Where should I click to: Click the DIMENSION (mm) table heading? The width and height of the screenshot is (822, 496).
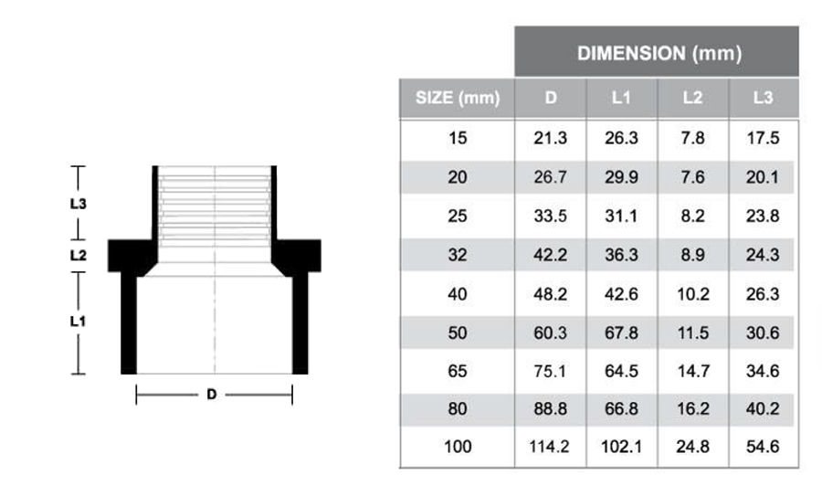pyautogui.click(x=658, y=53)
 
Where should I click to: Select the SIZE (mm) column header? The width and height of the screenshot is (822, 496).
pyautogui.click(x=457, y=98)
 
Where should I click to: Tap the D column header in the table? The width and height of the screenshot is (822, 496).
pyautogui.click(x=551, y=98)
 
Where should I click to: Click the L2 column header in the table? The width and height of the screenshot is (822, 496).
pyautogui.click(x=693, y=98)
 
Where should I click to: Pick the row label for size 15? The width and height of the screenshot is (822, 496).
pyautogui.click(x=457, y=138)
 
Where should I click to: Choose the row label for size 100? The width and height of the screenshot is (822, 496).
pyautogui.click(x=457, y=449)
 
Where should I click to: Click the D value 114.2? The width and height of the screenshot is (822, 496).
pyautogui.click(x=551, y=449)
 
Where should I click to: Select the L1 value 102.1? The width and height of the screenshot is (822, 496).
pyautogui.click(x=622, y=449)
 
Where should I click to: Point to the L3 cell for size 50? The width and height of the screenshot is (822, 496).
pyautogui.click(x=763, y=332)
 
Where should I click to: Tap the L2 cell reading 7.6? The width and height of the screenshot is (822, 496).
pyautogui.click(x=693, y=177)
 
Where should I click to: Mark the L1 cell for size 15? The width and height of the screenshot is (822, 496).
pyautogui.click(x=622, y=138)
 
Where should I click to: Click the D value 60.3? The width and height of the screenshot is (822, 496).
pyautogui.click(x=551, y=332)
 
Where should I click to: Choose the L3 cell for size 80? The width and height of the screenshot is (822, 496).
pyautogui.click(x=763, y=410)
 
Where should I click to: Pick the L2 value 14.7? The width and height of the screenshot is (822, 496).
pyautogui.click(x=693, y=371)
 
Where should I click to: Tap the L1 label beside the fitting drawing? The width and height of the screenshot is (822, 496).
pyautogui.click(x=78, y=322)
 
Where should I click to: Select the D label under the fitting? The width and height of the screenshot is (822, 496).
pyautogui.click(x=212, y=395)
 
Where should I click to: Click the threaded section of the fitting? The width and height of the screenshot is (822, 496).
pyautogui.click(x=215, y=206)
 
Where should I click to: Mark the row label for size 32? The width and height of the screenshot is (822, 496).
pyautogui.click(x=457, y=255)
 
